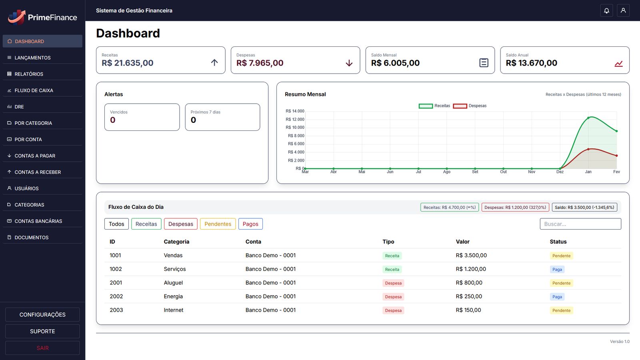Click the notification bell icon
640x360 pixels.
606,11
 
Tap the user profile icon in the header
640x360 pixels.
623,11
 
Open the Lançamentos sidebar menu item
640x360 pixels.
32,58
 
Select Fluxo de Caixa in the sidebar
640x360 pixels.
34,90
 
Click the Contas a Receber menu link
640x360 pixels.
38,172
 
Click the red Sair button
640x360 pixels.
42,348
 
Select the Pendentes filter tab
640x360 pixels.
218,224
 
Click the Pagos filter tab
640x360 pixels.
250,224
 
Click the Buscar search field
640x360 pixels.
580,224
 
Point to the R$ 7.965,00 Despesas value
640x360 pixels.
260,63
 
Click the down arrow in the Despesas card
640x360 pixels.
349,63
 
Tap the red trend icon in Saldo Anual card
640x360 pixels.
618,64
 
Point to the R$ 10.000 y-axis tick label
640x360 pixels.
295,128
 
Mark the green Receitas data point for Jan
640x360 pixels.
588,118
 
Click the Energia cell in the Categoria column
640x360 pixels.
173,296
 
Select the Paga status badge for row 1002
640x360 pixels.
557,270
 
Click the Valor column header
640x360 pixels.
462,242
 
